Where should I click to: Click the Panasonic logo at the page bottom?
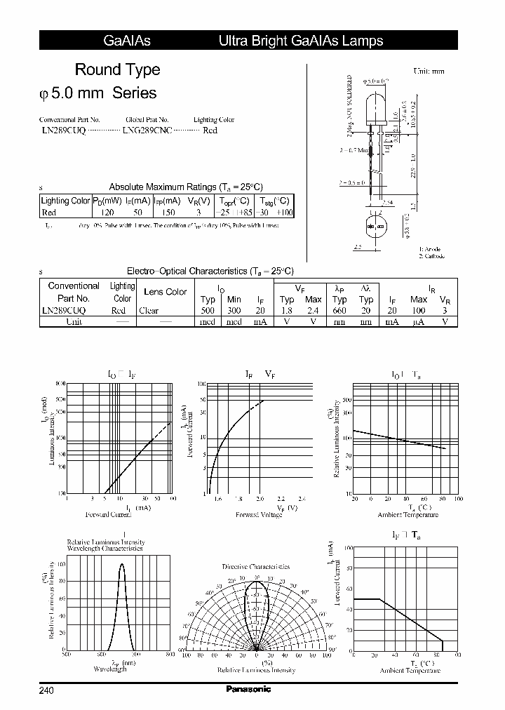pos(248,689)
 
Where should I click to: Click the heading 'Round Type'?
pos(117,69)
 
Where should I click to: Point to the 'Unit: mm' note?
pos(429,71)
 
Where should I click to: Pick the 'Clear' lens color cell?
pos(149,310)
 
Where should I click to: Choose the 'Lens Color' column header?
pos(165,291)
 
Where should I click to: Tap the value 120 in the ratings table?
pos(107,212)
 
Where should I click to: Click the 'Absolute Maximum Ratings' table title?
pos(185,187)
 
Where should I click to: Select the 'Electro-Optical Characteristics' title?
pos(210,271)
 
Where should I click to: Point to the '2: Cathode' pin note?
pos(432,256)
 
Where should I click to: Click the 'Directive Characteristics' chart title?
pos(255,566)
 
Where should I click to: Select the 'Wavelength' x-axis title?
pos(110,669)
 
